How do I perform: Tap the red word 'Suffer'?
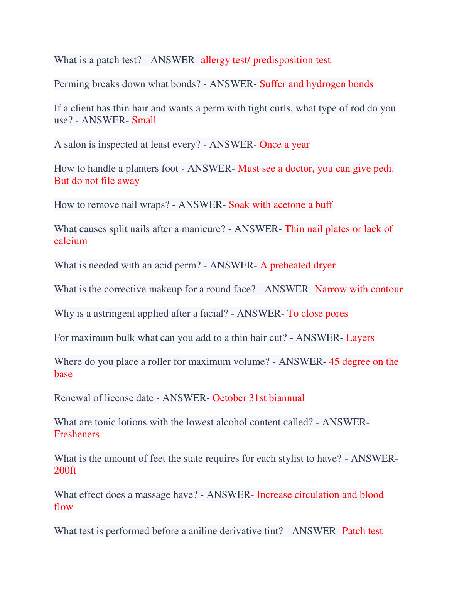pos(272,84)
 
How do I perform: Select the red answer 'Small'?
pos(144,120)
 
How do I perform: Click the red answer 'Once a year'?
pos(284,145)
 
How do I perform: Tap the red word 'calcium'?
pos(71,241)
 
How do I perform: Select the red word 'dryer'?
pos(324,265)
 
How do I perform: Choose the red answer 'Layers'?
pos(360,338)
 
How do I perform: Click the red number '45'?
pos(334,362)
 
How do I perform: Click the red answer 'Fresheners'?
pos(76,434)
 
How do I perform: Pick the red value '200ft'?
pos(65,471)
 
